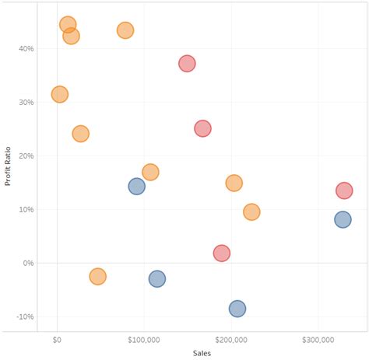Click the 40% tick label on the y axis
tap(26, 48)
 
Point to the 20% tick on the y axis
tap(26, 156)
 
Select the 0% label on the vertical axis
tap(28, 263)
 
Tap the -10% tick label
tap(25, 316)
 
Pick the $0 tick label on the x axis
tap(57, 340)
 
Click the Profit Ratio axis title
tap(9, 167)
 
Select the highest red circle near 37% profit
tap(187, 64)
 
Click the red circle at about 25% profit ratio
tap(202, 128)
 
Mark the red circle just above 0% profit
tap(222, 253)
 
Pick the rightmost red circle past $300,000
tap(344, 190)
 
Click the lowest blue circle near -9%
tap(237, 309)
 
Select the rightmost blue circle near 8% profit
tap(343, 219)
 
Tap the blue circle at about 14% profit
tap(136, 187)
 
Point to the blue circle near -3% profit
tap(157, 278)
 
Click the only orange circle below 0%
tap(97, 276)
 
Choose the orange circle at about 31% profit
tap(59, 94)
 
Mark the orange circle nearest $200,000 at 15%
tap(234, 183)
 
